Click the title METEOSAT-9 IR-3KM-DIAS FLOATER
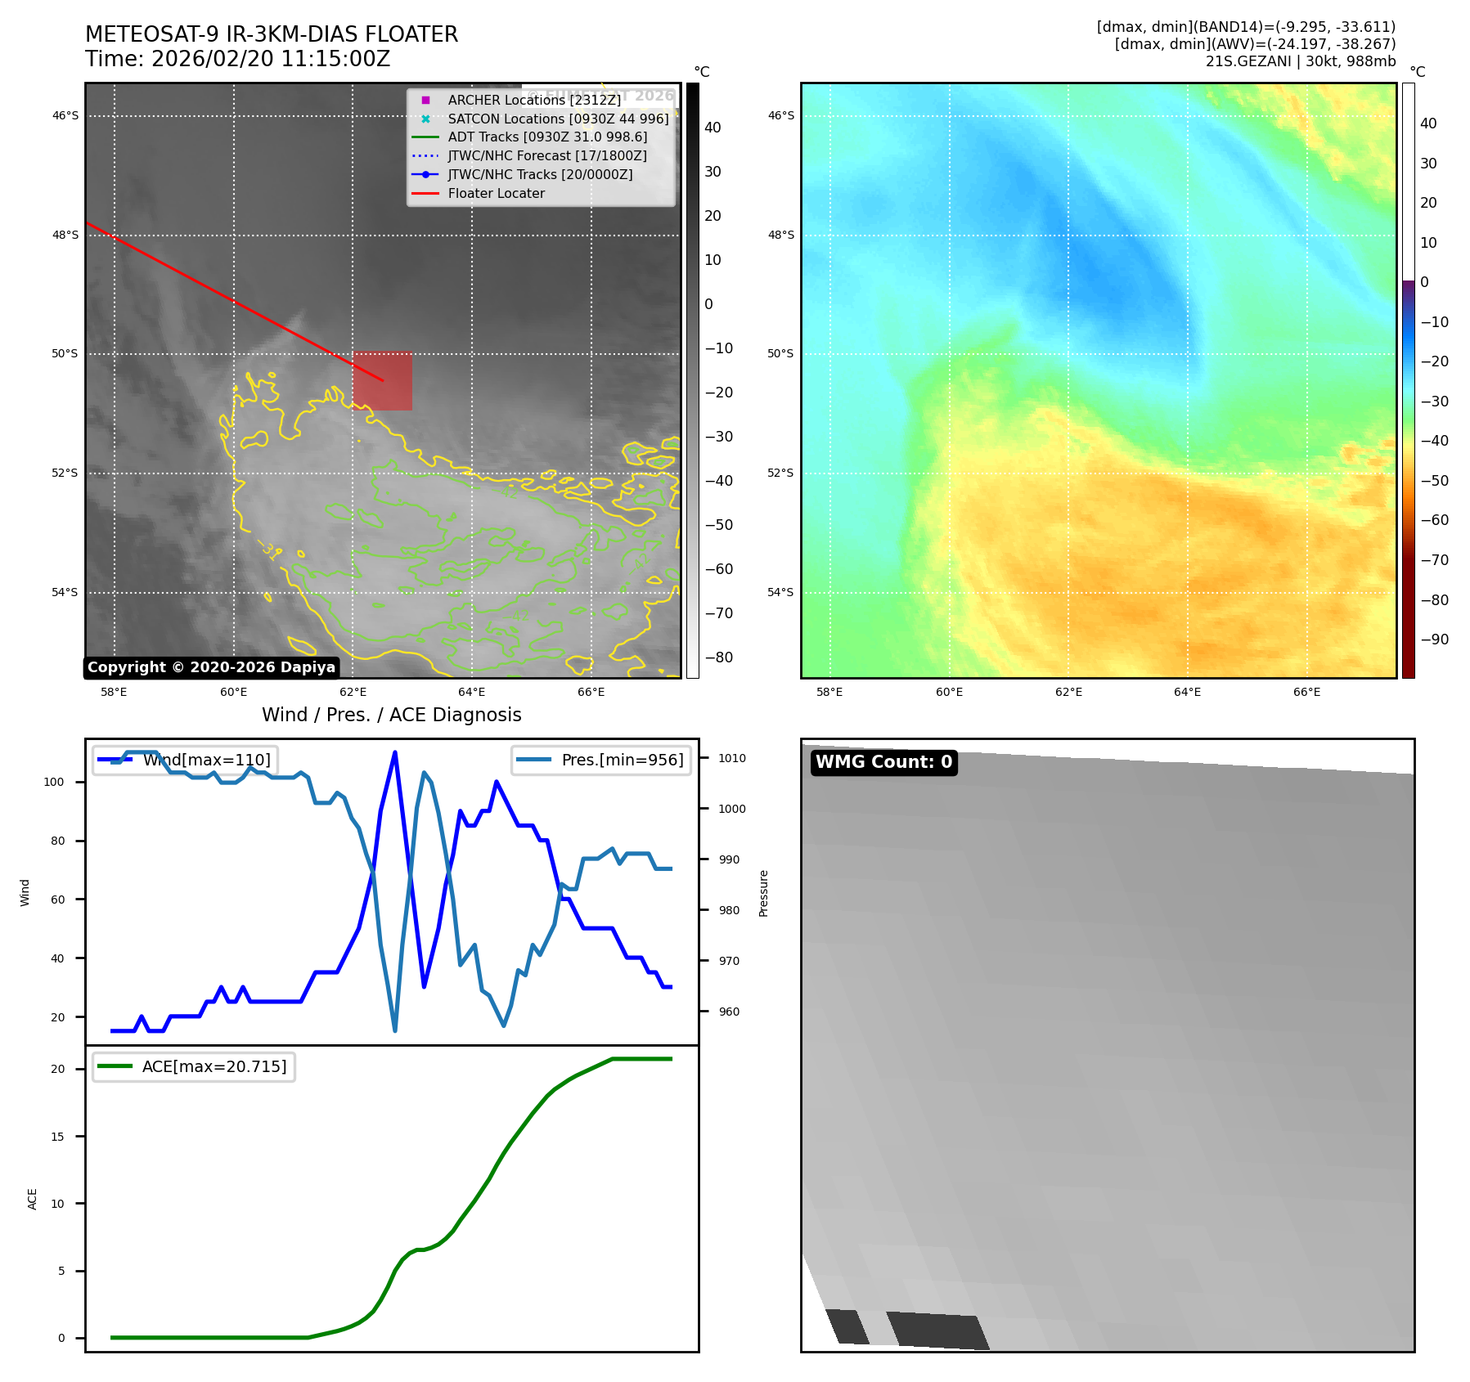point(272,34)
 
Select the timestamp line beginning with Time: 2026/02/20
point(237,59)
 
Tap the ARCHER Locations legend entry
point(534,100)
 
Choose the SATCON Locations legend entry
point(558,119)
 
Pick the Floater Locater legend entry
point(496,193)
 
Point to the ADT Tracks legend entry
point(547,137)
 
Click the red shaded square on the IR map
point(383,381)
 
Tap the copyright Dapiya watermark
point(211,667)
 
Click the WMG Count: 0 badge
point(883,762)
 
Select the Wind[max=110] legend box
point(185,760)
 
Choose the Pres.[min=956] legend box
point(601,760)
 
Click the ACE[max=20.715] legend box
point(194,1066)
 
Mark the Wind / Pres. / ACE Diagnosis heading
point(391,715)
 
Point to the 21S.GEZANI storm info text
point(1300,61)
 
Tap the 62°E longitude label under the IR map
point(353,692)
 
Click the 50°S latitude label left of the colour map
point(780,353)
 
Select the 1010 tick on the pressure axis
point(732,758)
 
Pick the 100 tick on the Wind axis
point(53,782)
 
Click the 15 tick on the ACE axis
point(57,1137)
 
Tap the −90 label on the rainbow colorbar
point(1434,639)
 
